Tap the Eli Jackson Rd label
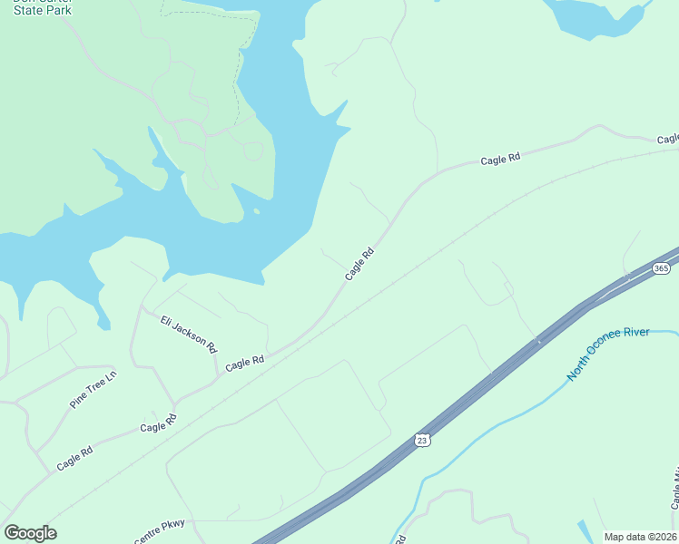click(189, 334)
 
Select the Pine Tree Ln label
click(93, 389)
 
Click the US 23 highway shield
click(421, 439)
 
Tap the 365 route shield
click(661, 268)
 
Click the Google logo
click(30, 533)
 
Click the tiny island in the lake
click(257, 212)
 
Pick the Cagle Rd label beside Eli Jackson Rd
click(244, 362)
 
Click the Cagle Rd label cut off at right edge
click(667, 140)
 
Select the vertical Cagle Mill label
click(674, 490)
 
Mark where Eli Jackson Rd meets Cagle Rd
click(174, 403)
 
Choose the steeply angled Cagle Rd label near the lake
click(359, 264)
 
